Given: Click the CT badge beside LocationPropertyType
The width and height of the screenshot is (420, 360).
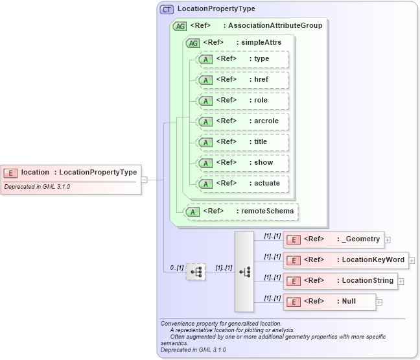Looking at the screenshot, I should (167, 9).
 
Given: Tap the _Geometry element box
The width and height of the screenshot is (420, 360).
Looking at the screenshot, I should (334, 239).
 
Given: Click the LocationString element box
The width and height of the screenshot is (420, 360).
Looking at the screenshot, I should (340, 281).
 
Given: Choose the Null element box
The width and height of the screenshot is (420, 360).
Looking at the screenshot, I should (329, 302).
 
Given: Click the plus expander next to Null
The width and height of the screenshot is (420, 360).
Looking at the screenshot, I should (379, 302).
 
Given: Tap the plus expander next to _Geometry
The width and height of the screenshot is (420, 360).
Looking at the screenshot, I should (388, 240).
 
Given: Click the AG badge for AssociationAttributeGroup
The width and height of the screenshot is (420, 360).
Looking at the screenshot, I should (180, 26).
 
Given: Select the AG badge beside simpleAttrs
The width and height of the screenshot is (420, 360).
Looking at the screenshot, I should (192, 43).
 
